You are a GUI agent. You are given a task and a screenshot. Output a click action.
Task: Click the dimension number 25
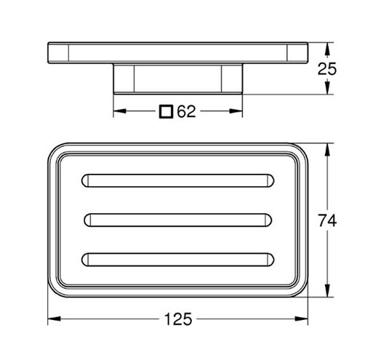327,69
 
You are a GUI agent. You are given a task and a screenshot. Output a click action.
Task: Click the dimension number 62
186,111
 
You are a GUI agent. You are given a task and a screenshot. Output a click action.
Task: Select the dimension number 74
327,220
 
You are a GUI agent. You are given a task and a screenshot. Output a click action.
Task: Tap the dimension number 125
178,319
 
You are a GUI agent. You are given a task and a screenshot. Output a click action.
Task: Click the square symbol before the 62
166,111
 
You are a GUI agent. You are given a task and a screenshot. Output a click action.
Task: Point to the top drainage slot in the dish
177,180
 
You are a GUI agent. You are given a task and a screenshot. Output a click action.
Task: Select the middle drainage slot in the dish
178,220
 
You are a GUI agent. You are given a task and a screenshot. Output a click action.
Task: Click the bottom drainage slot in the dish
177,260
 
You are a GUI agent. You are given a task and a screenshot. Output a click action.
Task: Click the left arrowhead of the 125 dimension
54,319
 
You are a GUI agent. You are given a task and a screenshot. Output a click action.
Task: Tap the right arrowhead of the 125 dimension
301,319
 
